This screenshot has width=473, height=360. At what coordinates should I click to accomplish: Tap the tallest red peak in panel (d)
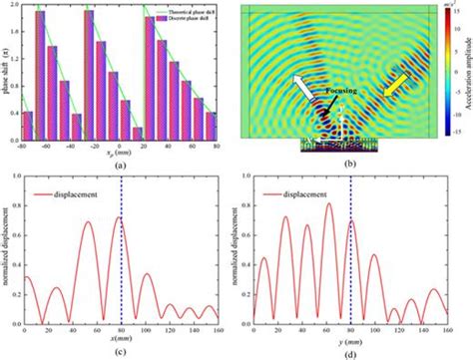329,203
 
